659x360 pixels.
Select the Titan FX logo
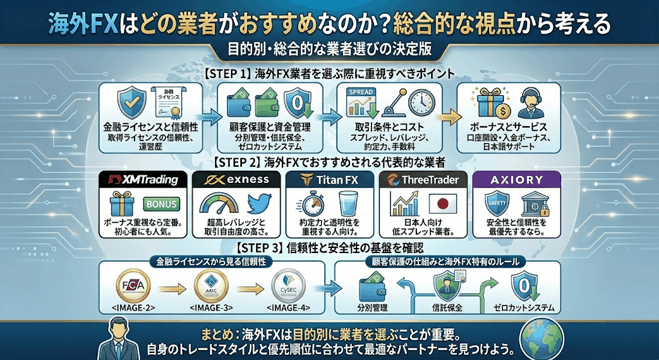coord(328,179)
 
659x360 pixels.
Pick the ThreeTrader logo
coord(422,179)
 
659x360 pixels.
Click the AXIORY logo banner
coord(517,179)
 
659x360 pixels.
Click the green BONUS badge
coord(162,205)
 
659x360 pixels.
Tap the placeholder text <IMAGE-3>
coord(210,307)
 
